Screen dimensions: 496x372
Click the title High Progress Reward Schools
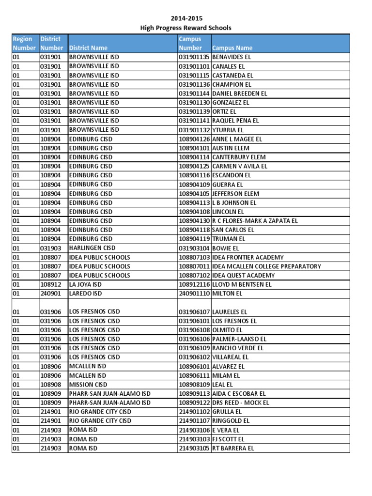(186, 28)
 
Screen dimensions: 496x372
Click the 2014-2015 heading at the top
(186, 18)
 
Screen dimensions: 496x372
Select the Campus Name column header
(232, 48)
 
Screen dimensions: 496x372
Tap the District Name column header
(89, 48)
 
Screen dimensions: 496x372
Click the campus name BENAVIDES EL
(232, 57)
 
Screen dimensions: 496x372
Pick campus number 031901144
(194, 93)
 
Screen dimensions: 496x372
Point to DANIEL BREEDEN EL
(239, 93)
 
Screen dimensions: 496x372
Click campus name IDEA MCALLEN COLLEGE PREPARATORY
(266, 266)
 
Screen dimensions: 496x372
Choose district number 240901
(51, 294)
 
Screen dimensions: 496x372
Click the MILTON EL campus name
(227, 294)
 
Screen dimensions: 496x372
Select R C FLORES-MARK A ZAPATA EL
(255, 221)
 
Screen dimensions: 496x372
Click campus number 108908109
(194, 385)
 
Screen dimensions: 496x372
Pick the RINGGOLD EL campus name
(231, 421)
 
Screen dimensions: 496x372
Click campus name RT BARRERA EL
(233, 449)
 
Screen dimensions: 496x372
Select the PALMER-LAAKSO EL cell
(239, 339)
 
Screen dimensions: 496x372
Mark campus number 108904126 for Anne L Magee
(194, 139)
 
